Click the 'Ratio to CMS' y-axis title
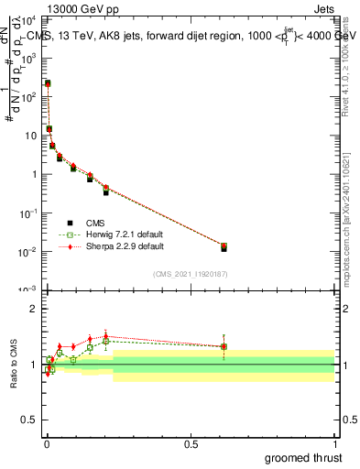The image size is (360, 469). click(x=14, y=364)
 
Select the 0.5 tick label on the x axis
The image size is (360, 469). click(x=190, y=443)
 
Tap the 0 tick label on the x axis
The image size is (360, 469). click(x=46, y=443)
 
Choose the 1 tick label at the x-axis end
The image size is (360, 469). click(x=334, y=443)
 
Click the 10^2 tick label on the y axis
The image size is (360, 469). click(x=30, y=96)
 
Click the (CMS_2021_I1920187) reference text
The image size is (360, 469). click(x=191, y=274)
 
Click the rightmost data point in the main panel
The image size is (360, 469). click(x=224, y=246)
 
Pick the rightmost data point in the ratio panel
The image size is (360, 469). click(x=224, y=346)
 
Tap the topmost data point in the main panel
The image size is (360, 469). click(x=48, y=83)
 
